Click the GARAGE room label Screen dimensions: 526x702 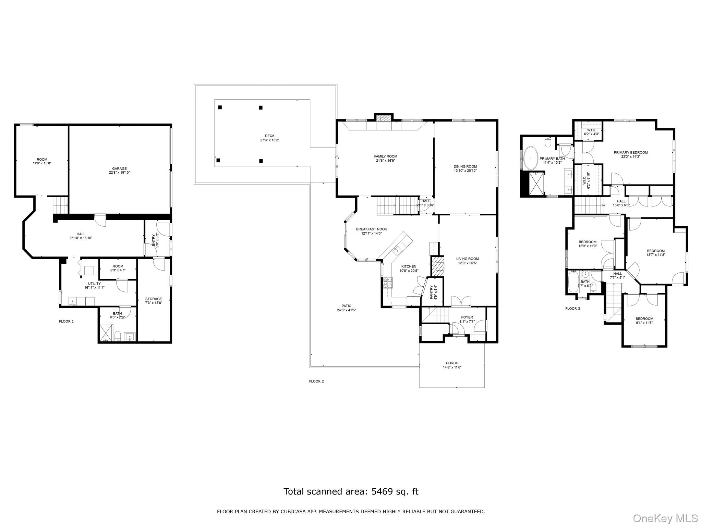point(119,168)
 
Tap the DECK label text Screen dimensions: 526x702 point(269,136)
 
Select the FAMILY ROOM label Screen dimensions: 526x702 point(386,156)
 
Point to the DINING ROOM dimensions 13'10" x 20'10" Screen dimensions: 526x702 point(465,171)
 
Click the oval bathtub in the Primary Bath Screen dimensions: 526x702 point(532,158)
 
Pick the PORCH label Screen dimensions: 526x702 point(452,363)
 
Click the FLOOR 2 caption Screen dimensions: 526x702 point(316,381)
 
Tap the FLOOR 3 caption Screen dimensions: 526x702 point(572,309)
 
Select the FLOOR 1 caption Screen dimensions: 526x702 point(66,321)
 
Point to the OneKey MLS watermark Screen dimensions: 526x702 point(665,518)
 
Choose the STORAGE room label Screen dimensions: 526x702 point(153,299)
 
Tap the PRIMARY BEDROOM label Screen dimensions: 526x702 point(631,152)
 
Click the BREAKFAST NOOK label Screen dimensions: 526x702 point(371,229)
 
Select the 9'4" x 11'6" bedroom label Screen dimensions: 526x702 point(644,323)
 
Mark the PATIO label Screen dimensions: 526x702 point(346,306)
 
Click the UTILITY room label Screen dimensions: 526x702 point(94,284)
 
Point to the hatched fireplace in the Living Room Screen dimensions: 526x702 point(437,266)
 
